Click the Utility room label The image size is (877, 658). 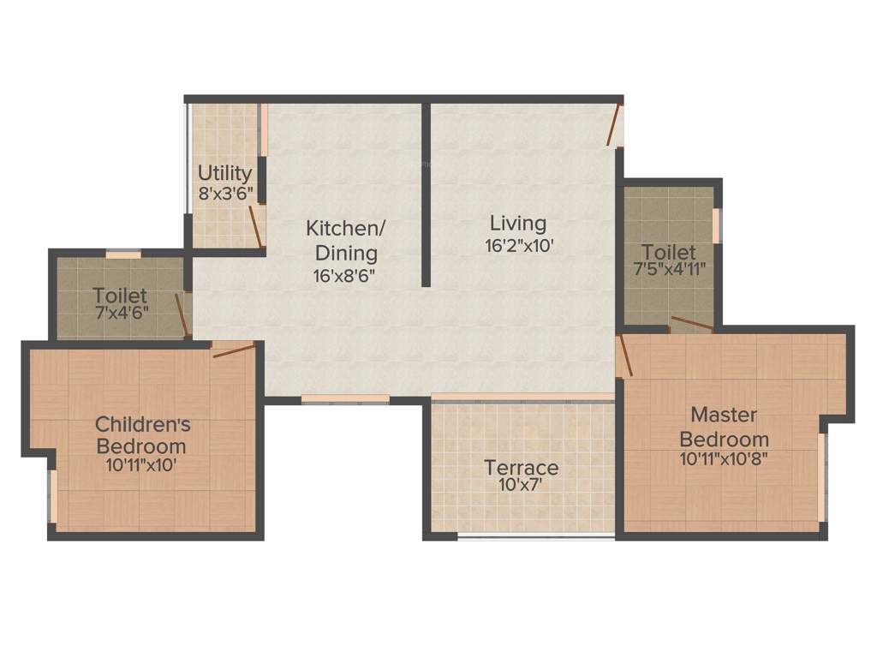pyautogui.click(x=225, y=173)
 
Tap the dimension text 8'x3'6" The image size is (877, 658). pyautogui.click(x=225, y=194)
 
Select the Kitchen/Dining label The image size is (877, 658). pyautogui.click(x=346, y=241)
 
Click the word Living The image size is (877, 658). pyautogui.click(x=518, y=224)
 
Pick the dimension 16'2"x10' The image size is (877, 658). pyautogui.click(x=518, y=245)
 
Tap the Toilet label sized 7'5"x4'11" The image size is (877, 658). pyautogui.click(x=669, y=252)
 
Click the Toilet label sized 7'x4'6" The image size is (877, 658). pyautogui.click(x=120, y=296)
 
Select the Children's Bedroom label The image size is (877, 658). pyautogui.click(x=143, y=434)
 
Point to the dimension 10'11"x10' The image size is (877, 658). pyautogui.click(x=143, y=466)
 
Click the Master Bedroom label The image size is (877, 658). pyautogui.click(x=724, y=427)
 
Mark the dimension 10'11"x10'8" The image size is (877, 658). pyautogui.click(x=724, y=458)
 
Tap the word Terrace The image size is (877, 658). pyautogui.click(x=522, y=468)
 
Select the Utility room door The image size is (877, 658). pyautogui.click(x=255, y=226)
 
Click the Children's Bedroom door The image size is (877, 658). pyautogui.click(x=234, y=350)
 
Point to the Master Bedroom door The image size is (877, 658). pyautogui.click(x=624, y=356)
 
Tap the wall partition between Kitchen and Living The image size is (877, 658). pyautogui.click(x=426, y=195)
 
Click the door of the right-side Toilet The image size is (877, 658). pyautogui.click(x=691, y=324)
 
